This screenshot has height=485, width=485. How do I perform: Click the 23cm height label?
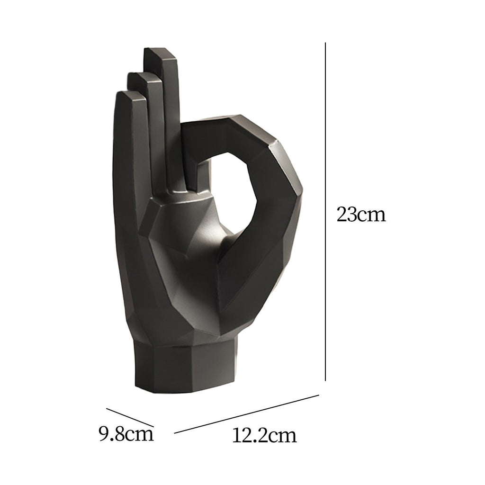[x=361, y=215]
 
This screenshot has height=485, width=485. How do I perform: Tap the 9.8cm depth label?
[x=126, y=434]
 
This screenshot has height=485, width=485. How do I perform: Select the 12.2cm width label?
[x=264, y=435]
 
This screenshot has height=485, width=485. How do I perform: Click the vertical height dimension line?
[x=325, y=212]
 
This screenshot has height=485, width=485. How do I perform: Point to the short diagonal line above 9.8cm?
[x=130, y=417]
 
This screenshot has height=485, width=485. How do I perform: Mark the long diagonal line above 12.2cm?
[x=246, y=414]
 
